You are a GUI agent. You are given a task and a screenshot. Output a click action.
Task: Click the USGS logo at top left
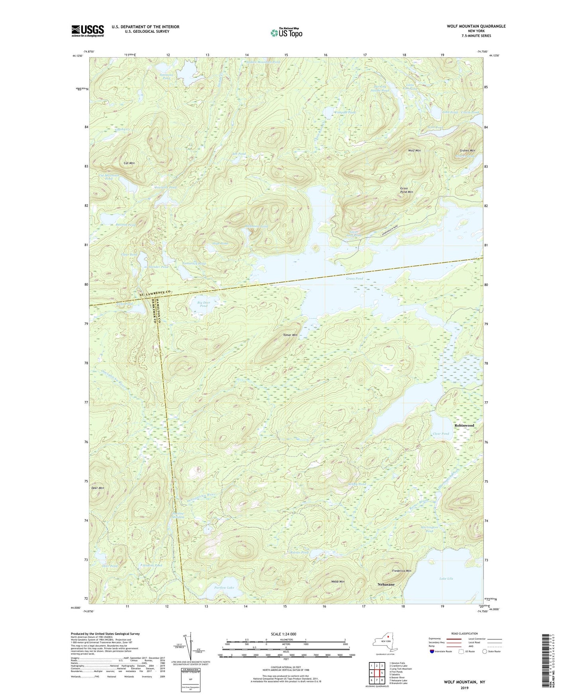tap(88, 31)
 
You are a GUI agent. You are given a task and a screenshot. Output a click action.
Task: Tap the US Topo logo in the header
tap(286, 33)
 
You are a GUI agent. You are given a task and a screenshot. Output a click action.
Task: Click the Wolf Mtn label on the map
tap(414, 151)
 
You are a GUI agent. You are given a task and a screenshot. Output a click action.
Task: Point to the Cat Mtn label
tap(129, 163)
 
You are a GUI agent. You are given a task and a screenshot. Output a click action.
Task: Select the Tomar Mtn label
tap(290, 335)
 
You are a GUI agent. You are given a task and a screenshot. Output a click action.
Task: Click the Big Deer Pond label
tap(203, 304)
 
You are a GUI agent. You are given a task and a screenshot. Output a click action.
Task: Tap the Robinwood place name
tap(464, 425)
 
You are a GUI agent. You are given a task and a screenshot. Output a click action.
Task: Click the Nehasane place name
tap(386, 584)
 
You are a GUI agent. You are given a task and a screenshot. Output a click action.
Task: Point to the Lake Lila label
tap(446, 578)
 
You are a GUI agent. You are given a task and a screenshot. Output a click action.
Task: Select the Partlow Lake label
tap(224, 588)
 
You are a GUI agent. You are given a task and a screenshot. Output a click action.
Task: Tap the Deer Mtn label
tap(98, 488)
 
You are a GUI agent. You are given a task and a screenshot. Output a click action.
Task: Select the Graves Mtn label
tap(467, 151)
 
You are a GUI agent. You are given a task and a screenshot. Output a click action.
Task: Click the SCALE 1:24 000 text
tap(283, 634)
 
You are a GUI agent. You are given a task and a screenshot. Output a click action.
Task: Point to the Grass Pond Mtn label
tap(406, 190)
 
